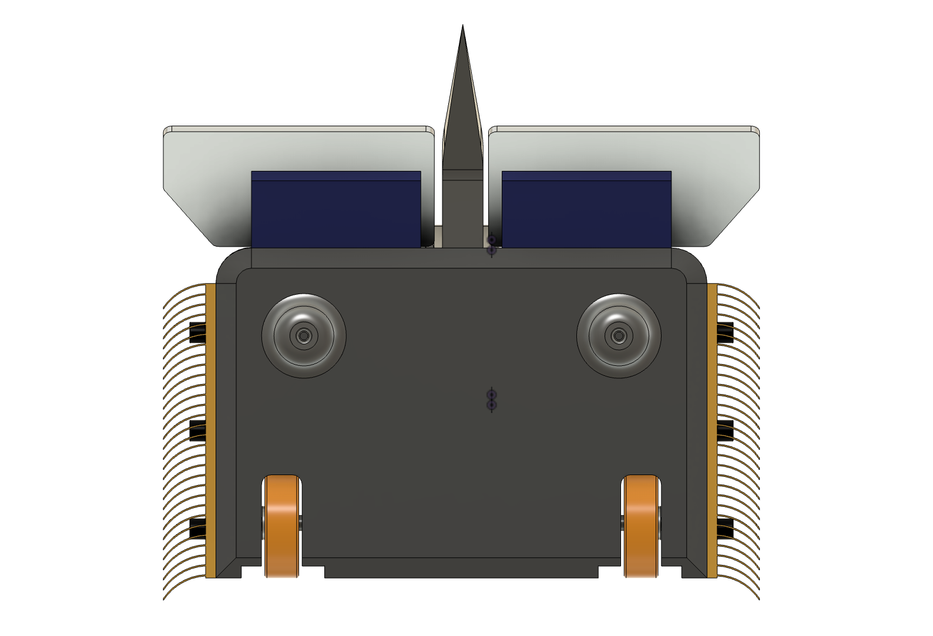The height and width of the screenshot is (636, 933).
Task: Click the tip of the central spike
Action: click(463, 27)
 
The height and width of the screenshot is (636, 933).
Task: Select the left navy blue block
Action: click(335, 210)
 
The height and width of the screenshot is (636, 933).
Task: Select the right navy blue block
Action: click(586, 210)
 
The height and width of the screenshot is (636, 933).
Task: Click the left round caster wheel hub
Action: click(304, 336)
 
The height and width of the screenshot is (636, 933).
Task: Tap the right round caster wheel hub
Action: click(619, 336)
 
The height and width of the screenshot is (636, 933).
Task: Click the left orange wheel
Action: click(281, 526)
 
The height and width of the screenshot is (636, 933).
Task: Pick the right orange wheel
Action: click(640, 526)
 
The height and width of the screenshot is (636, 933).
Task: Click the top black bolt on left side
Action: click(197, 333)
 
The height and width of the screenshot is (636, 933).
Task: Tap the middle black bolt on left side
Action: click(197, 430)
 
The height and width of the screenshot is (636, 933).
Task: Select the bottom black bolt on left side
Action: click(197, 528)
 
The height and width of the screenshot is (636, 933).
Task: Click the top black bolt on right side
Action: click(725, 333)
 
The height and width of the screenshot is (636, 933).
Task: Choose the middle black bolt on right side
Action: click(725, 430)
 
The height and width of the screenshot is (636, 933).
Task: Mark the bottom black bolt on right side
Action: click(725, 528)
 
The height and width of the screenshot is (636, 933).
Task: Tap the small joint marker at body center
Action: click(492, 399)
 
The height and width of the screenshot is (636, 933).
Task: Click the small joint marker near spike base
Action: click(492, 245)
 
